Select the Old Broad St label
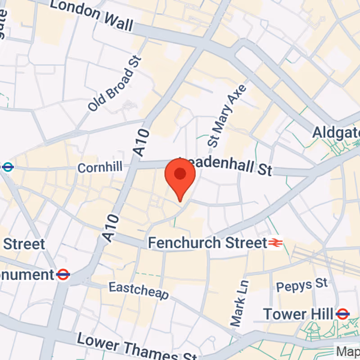point(115,84)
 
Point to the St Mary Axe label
point(227,115)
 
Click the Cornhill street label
point(100,168)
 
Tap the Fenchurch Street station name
point(207,243)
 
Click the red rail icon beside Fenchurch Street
point(275,243)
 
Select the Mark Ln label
point(239,303)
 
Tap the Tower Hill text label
point(298,314)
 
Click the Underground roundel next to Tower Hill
point(342,314)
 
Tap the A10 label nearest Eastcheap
point(112,229)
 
